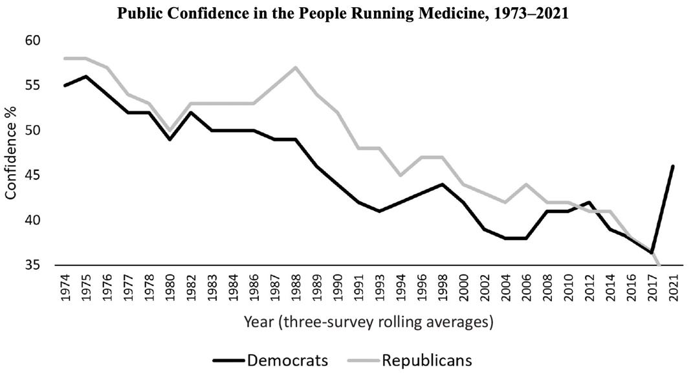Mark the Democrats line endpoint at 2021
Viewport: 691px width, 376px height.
(x=673, y=166)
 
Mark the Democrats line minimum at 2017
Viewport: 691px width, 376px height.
(x=653, y=252)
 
